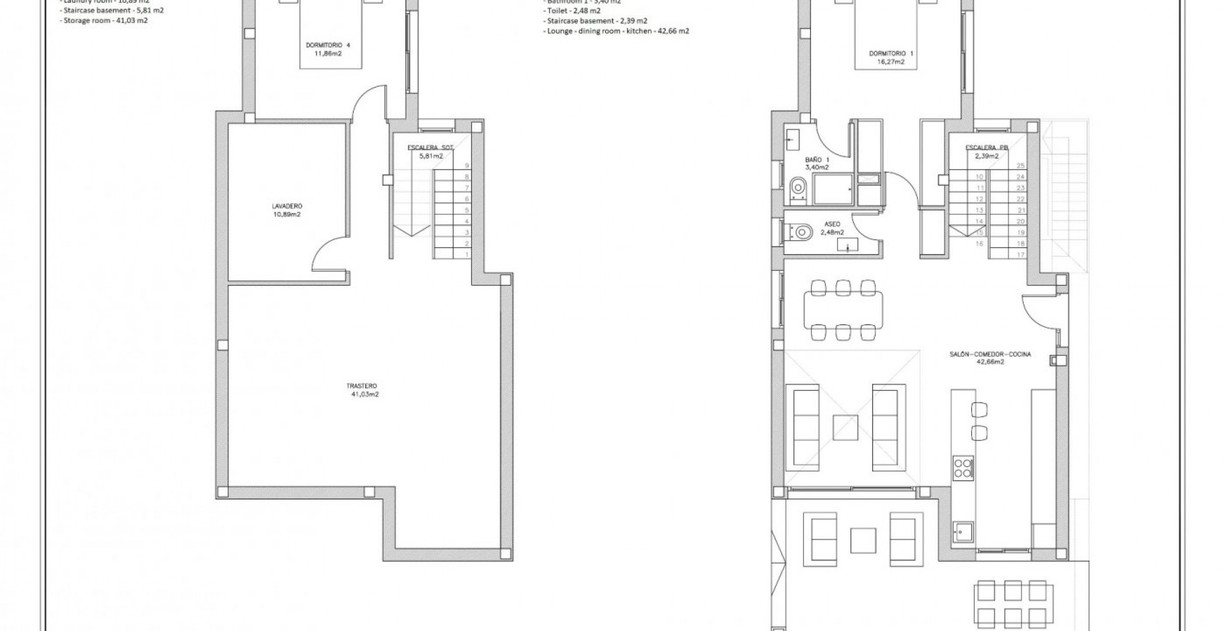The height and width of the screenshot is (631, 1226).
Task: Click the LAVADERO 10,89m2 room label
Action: coord(287,210)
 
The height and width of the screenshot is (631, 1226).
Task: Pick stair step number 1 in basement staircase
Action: coord(467,255)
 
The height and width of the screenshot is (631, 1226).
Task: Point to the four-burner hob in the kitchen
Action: coord(963,468)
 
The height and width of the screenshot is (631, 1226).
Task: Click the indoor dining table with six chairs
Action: coord(843,310)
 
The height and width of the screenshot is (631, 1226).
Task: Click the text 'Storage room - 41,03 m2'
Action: coord(105,20)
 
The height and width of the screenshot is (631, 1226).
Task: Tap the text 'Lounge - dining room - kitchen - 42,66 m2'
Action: coord(618,31)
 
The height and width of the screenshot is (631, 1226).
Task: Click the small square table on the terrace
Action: coord(863,540)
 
